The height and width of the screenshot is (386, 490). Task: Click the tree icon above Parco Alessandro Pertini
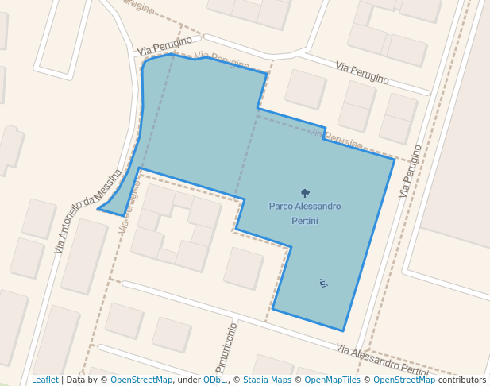(x=305, y=193)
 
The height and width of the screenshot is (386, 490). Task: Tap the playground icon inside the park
(x=323, y=283)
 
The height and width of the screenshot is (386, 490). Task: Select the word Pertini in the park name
(x=305, y=221)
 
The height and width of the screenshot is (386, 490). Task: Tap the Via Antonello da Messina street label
(x=88, y=211)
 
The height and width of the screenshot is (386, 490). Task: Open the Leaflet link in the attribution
(x=44, y=380)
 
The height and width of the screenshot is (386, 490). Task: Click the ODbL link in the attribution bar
(x=214, y=380)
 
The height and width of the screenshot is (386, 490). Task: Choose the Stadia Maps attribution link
(x=267, y=380)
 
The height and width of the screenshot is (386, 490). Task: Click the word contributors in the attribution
(x=462, y=380)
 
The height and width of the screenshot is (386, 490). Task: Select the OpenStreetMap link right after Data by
(x=141, y=380)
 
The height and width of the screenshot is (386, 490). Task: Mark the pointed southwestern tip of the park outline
(x=98, y=210)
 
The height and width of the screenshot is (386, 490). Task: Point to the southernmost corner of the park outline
(x=343, y=330)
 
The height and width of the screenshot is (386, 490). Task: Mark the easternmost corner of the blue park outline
(x=394, y=159)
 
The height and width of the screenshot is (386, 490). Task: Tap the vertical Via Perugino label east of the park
(x=411, y=171)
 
